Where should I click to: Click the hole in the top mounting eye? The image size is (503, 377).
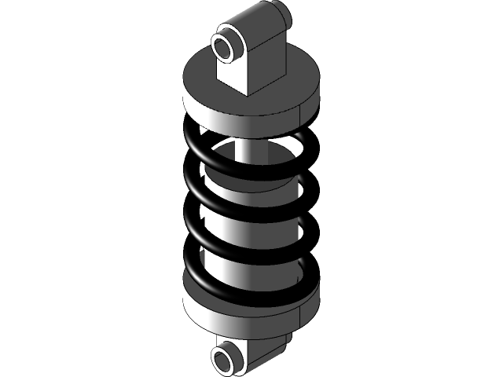(226, 46)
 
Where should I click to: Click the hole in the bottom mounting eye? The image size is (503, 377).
(225, 361)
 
